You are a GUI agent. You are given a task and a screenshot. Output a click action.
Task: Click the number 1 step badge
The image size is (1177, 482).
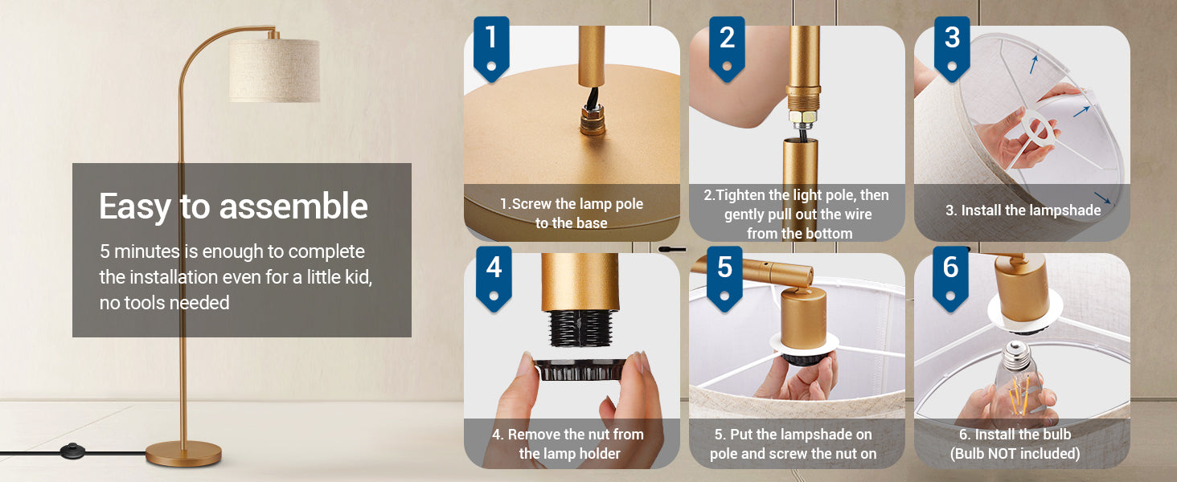[x=491, y=47]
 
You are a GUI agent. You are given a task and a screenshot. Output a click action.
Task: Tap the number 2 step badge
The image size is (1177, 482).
[x=727, y=47]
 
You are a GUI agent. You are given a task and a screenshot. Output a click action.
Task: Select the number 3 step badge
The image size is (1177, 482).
[x=952, y=47]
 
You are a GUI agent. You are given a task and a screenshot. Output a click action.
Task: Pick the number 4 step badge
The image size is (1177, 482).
[x=494, y=278]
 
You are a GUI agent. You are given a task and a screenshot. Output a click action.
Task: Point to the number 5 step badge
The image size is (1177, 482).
[x=724, y=278]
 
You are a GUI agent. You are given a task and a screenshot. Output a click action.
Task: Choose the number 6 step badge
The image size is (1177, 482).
[x=950, y=278]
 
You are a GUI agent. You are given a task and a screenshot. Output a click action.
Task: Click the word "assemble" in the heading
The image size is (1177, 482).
[x=293, y=206]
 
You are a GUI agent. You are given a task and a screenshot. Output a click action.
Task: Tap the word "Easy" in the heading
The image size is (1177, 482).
[x=134, y=207]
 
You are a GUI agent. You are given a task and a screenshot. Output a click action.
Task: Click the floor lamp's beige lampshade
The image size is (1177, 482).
[x=274, y=71]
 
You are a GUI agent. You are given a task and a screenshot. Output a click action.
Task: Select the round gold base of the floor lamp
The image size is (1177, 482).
[x=183, y=454]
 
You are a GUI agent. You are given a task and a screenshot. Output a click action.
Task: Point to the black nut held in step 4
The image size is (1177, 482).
[x=580, y=369]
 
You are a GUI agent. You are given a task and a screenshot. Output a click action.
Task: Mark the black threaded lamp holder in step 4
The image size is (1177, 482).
[x=580, y=329]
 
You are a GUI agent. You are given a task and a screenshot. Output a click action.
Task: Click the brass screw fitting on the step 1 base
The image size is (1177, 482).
[x=593, y=120]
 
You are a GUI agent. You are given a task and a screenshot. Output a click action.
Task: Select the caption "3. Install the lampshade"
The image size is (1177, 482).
[x=1023, y=210]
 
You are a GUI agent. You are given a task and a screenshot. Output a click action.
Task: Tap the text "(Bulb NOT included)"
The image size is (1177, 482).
[x=1015, y=454]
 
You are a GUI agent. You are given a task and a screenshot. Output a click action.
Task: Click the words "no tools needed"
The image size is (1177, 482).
[x=165, y=303]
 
